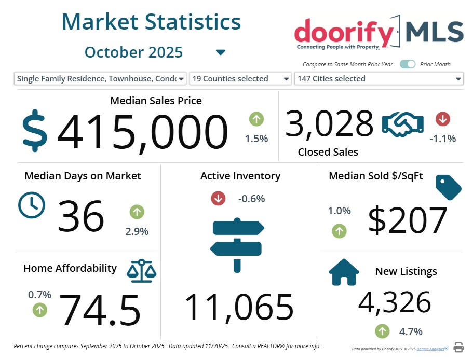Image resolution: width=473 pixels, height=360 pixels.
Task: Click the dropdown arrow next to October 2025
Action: [221, 52]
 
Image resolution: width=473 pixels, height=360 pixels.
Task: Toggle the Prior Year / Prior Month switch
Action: [408, 64]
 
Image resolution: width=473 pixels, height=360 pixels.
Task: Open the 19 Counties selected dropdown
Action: [240, 79]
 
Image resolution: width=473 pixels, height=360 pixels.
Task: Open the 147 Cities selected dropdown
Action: [379, 79]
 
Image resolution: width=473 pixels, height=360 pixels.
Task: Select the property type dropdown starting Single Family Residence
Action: [100, 79]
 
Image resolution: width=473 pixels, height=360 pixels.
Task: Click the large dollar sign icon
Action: [35, 130]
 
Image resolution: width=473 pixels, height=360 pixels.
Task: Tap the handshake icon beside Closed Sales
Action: [402, 125]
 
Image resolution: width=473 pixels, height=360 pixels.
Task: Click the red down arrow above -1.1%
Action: [443, 119]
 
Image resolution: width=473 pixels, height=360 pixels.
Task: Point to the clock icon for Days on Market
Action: [32, 205]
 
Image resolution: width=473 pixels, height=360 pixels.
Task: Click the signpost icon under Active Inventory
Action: [238, 244]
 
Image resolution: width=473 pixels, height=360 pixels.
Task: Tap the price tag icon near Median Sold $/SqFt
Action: [448, 187]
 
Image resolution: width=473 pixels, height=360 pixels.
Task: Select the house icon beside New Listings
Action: [344, 272]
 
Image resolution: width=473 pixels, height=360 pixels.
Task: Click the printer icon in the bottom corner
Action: [458, 347]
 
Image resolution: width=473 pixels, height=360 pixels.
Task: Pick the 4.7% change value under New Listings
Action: [411, 331]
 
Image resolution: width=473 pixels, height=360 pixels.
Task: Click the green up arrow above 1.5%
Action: [256, 119]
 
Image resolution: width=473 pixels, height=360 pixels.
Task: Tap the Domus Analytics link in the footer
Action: [429, 349]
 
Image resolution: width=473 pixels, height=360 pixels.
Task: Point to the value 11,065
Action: [239, 307]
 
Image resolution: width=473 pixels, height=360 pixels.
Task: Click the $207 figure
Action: [407, 220]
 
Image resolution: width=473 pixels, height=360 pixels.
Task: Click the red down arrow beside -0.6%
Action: [218, 198]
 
